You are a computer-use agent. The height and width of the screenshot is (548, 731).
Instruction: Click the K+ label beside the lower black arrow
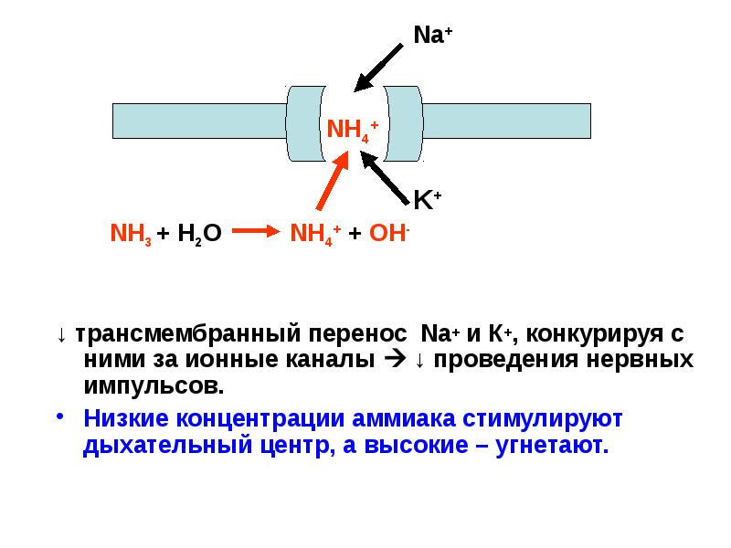[x=428, y=199]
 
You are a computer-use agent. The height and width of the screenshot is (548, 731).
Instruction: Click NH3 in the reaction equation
[x=129, y=234]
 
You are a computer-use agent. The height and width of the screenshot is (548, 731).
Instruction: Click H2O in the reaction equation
[x=200, y=234]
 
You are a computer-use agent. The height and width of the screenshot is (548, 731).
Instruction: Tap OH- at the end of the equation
[x=389, y=233]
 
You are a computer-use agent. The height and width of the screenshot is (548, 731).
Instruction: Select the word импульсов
[x=154, y=384]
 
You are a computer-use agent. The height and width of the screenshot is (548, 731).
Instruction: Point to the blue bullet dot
[x=61, y=416]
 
